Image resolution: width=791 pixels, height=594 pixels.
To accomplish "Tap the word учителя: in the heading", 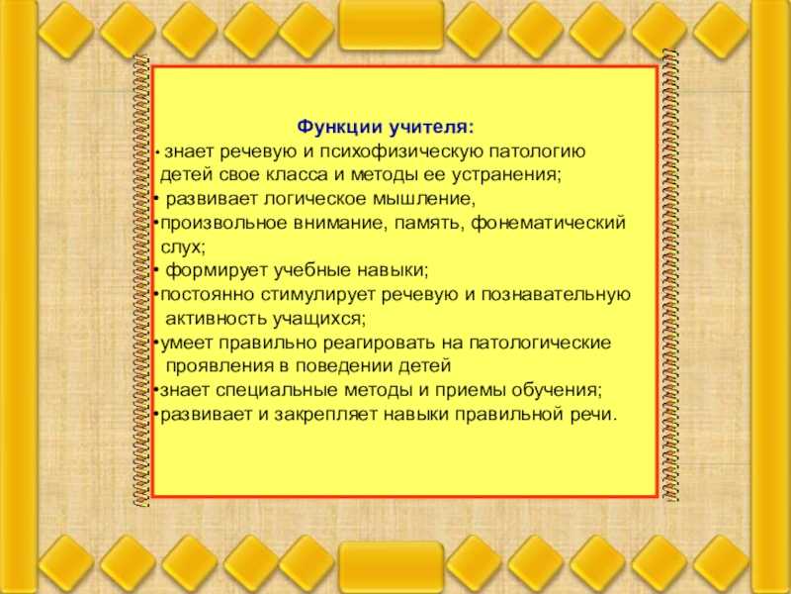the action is click(431, 127).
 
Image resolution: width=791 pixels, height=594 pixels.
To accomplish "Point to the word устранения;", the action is click(506, 176).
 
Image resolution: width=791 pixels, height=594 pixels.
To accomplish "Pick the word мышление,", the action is click(424, 200).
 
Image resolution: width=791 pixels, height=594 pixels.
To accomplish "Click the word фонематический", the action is click(548, 224).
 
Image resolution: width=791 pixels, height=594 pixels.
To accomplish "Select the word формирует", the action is click(217, 270).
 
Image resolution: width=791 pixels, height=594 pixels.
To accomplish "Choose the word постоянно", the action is click(208, 294).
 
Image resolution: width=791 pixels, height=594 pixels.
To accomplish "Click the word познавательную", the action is click(556, 294).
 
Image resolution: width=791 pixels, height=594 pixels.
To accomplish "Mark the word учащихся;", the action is click(318, 319).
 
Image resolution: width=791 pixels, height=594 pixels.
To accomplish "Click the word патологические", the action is click(540, 343).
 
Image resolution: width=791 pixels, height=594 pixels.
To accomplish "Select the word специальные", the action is click(277, 391).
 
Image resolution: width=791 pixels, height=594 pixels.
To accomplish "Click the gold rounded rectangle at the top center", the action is click(392, 26).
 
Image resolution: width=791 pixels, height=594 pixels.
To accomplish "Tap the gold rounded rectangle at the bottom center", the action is click(392, 567).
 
